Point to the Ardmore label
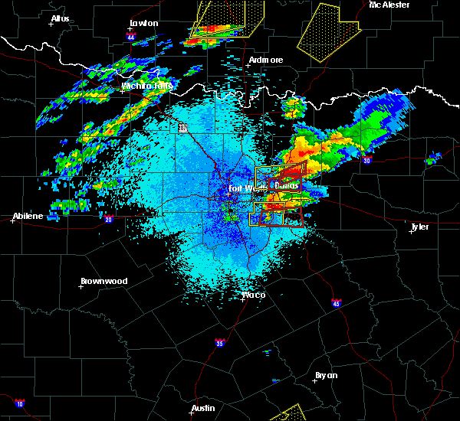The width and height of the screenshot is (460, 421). [x=266, y=60]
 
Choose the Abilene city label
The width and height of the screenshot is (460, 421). [x=28, y=216]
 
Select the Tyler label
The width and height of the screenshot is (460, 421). [x=419, y=227]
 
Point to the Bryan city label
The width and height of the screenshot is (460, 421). [x=327, y=375]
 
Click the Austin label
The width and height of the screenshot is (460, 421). [x=203, y=408]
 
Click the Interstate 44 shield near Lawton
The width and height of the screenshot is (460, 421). [x=131, y=37]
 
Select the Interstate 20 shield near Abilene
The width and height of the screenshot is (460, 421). [x=107, y=220]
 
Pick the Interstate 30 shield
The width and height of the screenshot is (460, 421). [x=367, y=161]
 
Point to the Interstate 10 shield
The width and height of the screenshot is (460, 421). [x=20, y=403]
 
